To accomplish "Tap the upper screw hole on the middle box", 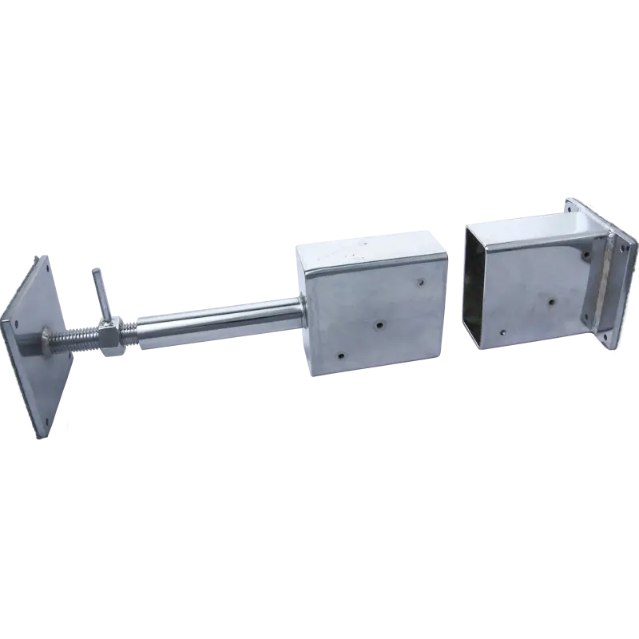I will coord(420,281).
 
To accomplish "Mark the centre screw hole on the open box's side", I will coord(550,303).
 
